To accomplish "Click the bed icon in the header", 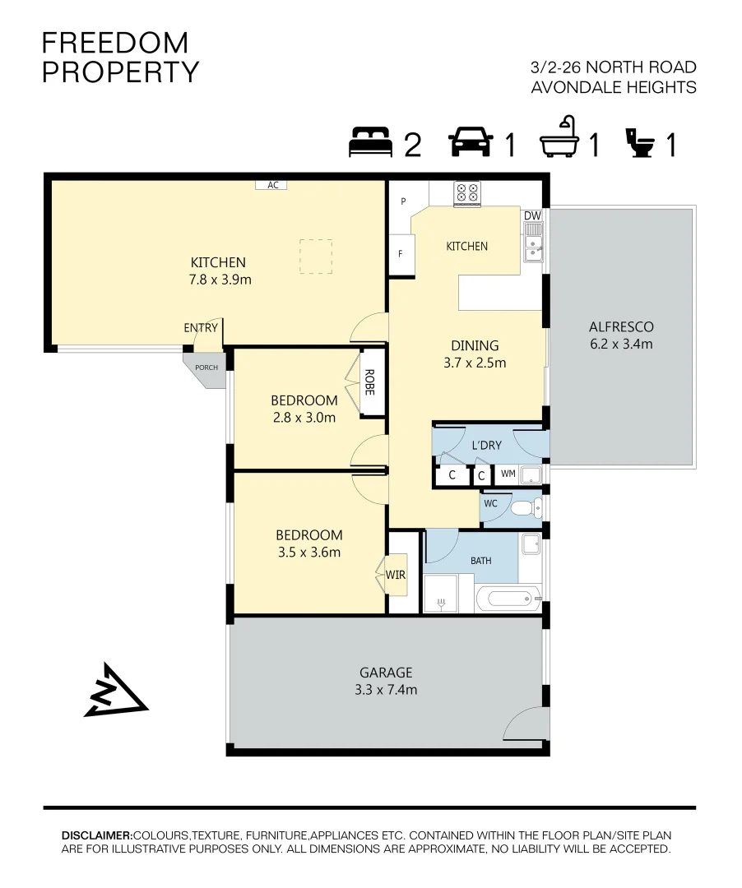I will tap(372, 142).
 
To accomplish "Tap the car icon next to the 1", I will tap(471, 142).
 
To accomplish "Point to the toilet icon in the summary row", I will tap(641, 142).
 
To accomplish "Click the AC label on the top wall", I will tap(272, 185).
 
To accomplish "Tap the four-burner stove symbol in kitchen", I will tap(467, 193).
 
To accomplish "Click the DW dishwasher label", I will tap(532, 215).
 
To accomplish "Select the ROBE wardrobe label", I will tap(369, 382).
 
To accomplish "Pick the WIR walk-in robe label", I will tap(396, 575).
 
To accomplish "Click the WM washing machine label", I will tap(508, 474).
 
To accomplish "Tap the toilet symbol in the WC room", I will tap(524, 509).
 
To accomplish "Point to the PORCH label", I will tap(206, 367).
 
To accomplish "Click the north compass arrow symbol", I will tap(114, 691).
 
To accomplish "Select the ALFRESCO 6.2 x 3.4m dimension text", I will tap(620, 344).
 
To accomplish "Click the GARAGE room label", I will tap(386, 672).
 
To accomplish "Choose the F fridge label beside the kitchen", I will tap(401, 253).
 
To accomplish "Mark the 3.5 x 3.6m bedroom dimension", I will tap(308, 552).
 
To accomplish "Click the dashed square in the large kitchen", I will tap(315, 256).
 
